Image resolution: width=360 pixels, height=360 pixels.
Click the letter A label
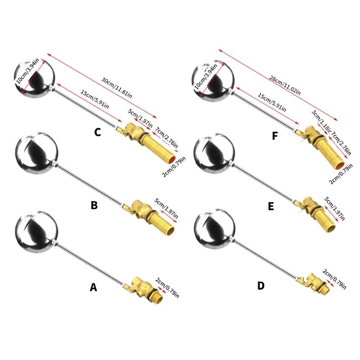click(93, 287)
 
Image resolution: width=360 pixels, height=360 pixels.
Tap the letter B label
click(94, 205)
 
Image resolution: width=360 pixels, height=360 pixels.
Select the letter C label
click(98, 132)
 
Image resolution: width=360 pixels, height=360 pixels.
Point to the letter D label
click(261, 286)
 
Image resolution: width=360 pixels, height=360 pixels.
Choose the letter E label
click(271, 207)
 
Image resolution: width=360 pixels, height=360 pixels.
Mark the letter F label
click(275, 136)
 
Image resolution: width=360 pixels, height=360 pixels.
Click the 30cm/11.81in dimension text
click(117, 88)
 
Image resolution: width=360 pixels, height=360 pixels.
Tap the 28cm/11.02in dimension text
click(285, 85)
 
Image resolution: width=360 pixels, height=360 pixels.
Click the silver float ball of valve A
click(37, 231)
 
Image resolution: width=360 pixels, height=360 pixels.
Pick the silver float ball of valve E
click(215, 154)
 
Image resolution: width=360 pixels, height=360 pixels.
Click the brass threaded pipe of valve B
click(162, 224)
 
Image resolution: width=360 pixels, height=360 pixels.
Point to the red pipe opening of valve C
click(172, 160)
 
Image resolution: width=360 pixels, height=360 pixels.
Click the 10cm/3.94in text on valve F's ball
click(206, 76)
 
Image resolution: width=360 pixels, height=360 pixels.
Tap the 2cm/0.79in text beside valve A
click(167, 288)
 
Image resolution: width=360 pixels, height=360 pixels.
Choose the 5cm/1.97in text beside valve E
click(334, 208)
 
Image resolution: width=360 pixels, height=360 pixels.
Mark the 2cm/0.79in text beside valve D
click(334, 279)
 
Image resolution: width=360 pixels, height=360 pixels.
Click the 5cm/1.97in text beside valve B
click(166, 208)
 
